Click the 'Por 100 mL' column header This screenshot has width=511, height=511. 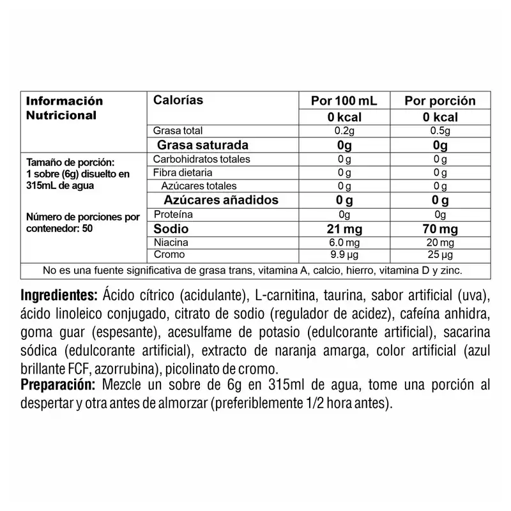point(344,101)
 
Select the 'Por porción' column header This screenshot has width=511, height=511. point(441,101)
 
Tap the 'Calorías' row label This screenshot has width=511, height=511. point(178,100)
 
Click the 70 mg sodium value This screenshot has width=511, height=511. point(441,229)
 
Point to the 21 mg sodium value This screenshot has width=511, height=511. point(344,229)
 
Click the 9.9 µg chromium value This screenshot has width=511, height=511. point(344,255)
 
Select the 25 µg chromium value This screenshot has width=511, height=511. point(441,255)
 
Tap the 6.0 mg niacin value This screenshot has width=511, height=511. point(344,243)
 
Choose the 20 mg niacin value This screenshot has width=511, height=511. point(441,243)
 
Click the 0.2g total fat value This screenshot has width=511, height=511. point(344,131)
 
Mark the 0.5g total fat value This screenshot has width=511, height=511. point(441,131)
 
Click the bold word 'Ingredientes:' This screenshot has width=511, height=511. point(58,296)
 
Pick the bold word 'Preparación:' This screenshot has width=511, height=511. point(57,386)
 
